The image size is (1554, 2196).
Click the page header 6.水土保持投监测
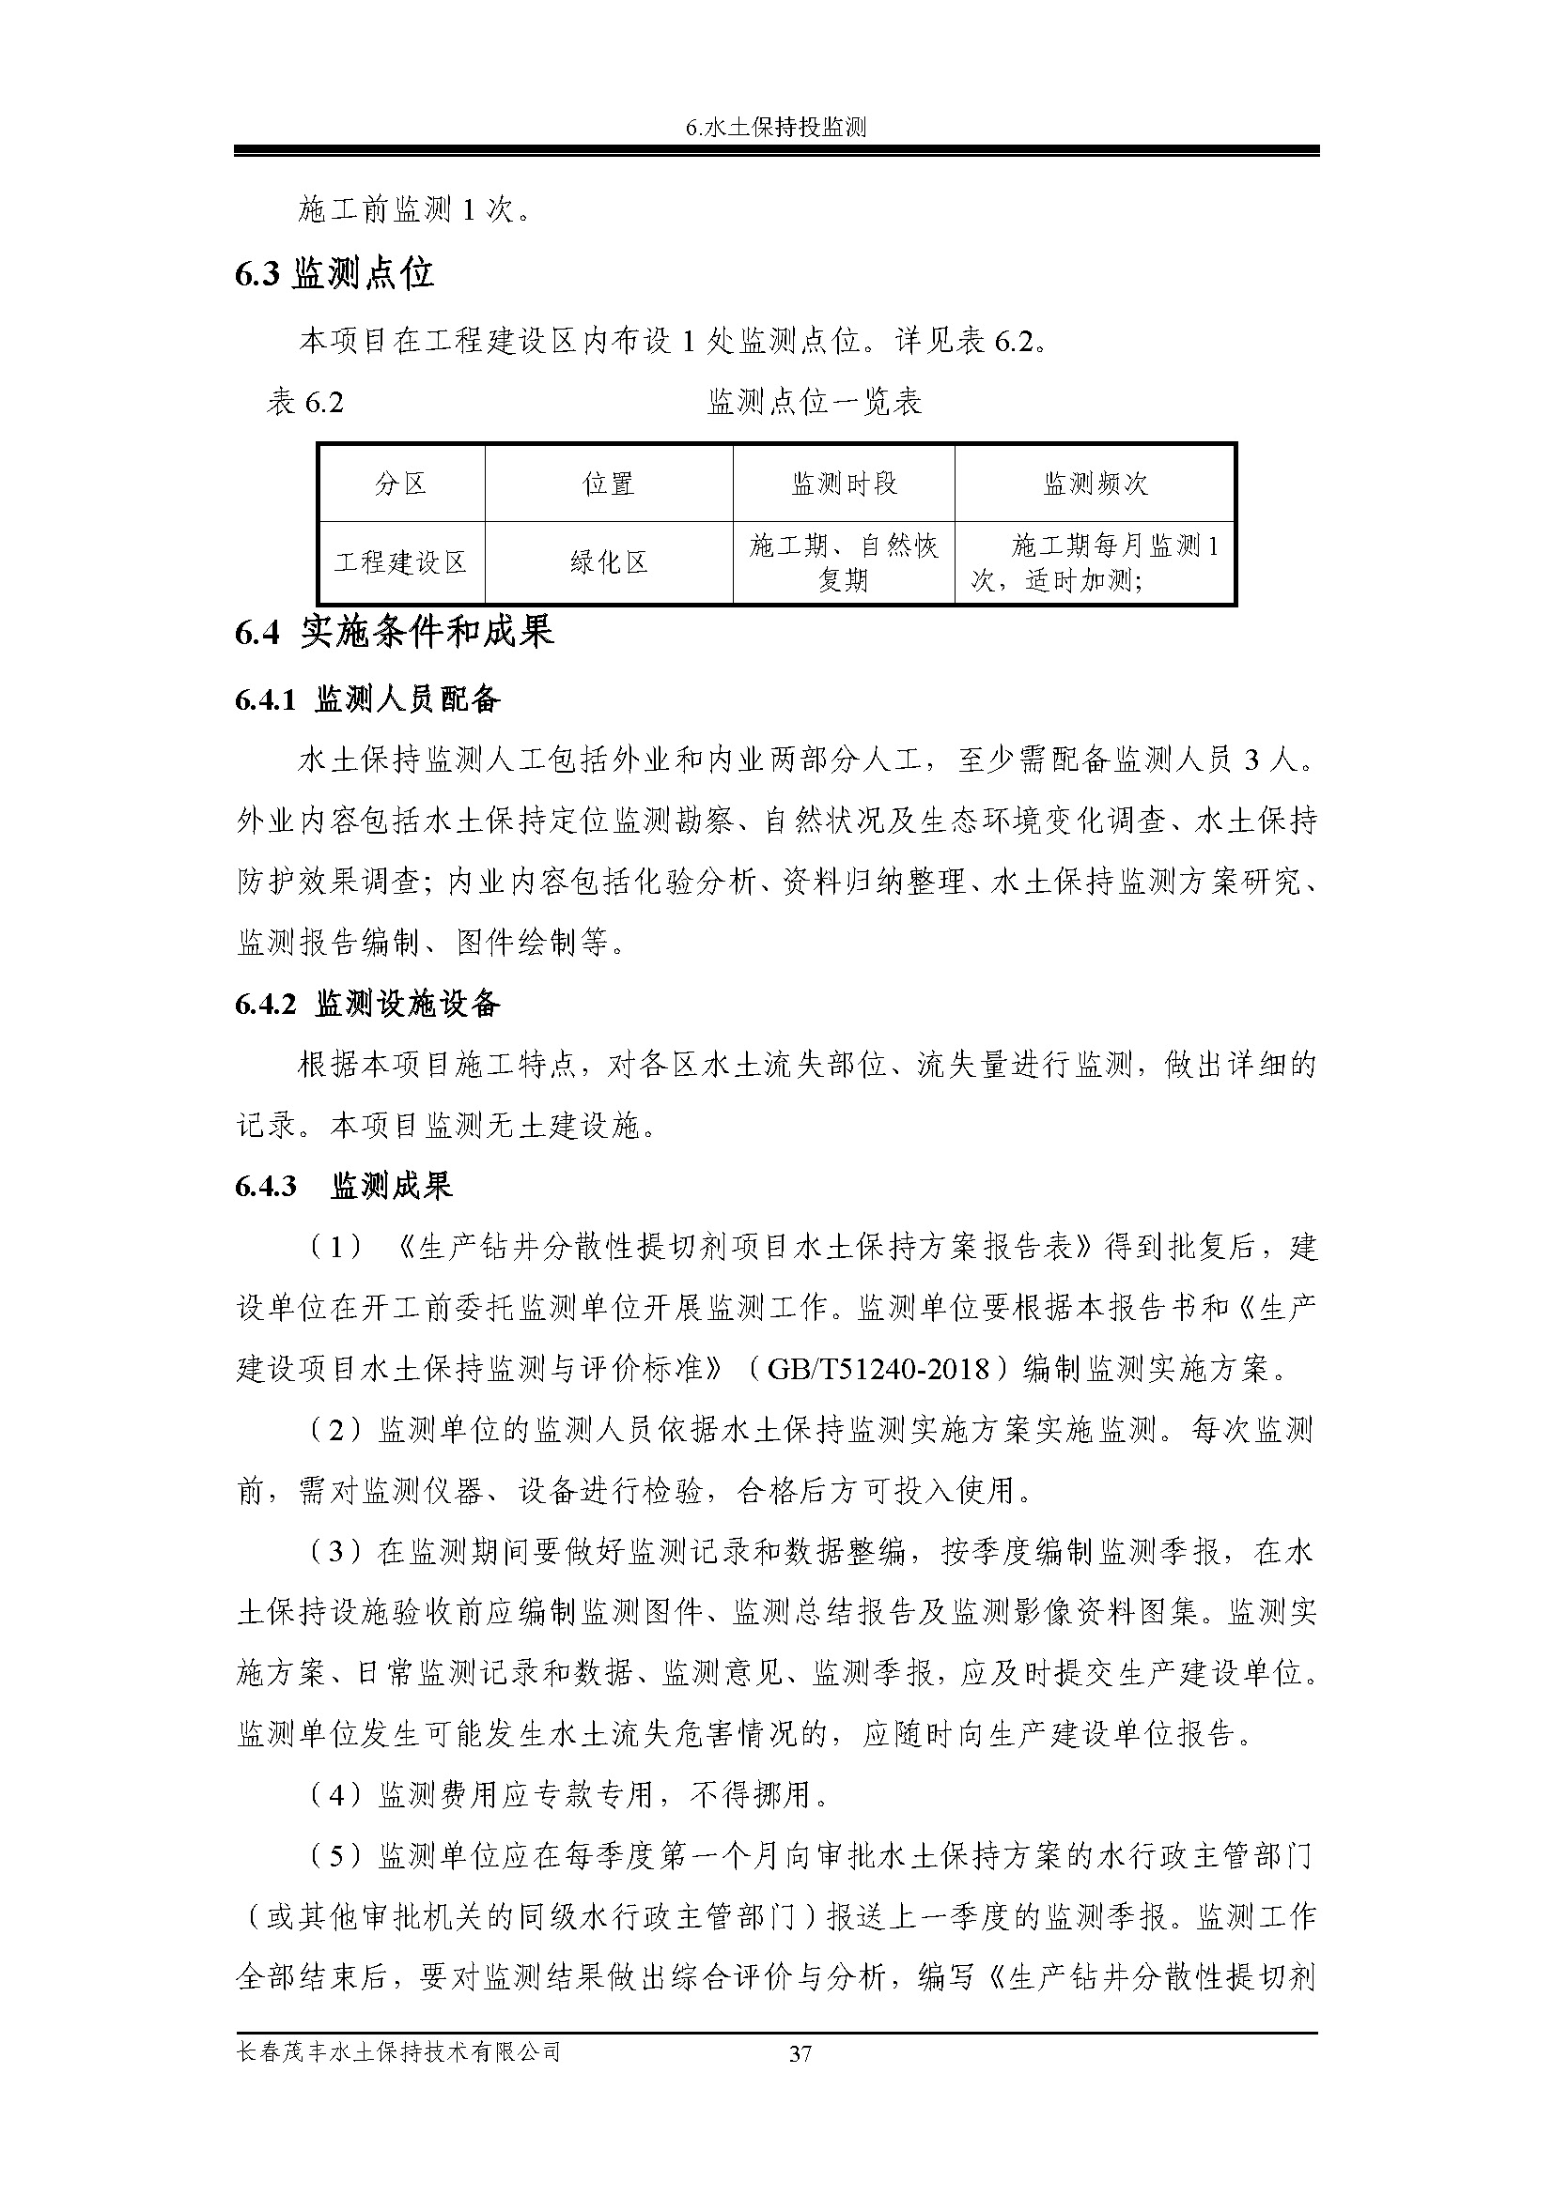click(776, 127)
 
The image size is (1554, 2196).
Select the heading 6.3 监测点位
click(334, 274)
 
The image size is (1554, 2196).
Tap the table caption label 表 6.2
click(304, 403)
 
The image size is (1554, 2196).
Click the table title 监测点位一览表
click(815, 403)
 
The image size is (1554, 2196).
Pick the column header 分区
click(401, 484)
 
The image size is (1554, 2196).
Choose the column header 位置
click(609, 484)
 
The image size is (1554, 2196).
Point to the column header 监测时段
click(843, 484)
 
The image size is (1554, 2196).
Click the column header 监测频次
click(1095, 484)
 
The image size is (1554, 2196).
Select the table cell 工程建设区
click(401, 562)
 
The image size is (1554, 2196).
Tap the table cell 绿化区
click(609, 562)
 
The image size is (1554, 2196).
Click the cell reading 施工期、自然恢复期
click(843, 562)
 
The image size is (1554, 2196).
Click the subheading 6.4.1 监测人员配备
click(367, 700)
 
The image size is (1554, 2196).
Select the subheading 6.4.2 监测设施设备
click(367, 1005)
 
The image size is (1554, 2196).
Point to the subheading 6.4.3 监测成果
click(344, 1187)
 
